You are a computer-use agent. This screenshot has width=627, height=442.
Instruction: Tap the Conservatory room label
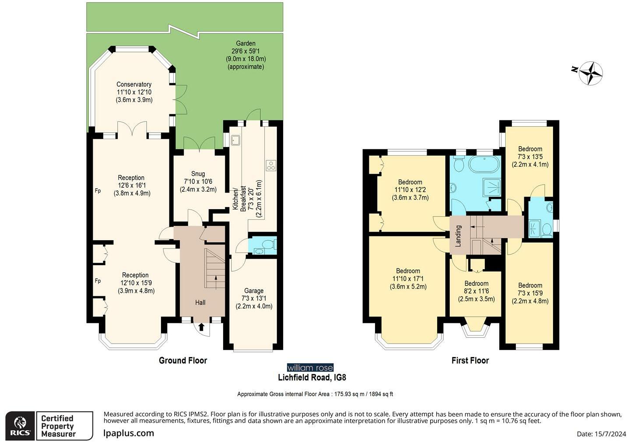pyautogui.click(x=134, y=92)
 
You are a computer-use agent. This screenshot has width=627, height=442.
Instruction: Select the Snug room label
pyautogui.click(x=198, y=181)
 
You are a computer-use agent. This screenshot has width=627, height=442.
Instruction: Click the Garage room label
pyautogui.click(x=254, y=298)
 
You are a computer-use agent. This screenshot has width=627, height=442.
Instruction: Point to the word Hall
pyautogui.click(x=200, y=302)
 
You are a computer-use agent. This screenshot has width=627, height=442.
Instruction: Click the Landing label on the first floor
pyautogui.click(x=458, y=236)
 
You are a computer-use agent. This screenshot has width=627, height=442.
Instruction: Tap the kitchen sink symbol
pyautogui.click(x=235, y=140)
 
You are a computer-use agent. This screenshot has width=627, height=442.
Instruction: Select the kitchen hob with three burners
pyautogui.click(x=271, y=165)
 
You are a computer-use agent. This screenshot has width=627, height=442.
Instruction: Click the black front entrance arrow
pyautogui.click(x=202, y=327)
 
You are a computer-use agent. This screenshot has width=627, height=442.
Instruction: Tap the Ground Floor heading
pyautogui.click(x=183, y=360)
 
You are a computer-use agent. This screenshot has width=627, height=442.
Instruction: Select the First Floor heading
pyautogui.click(x=470, y=360)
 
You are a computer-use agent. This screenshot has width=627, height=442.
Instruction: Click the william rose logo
pyautogui.click(x=310, y=368)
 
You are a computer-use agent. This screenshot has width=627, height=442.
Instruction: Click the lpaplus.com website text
pyautogui.click(x=129, y=433)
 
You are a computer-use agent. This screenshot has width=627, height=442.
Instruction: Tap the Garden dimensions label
pyautogui.click(x=246, y=55)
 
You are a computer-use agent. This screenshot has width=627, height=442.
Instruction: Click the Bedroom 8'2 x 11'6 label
pyautogui.click(x=476, y=291)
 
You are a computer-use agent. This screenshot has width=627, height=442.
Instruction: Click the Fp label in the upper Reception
pyautogui.click(x=98, y=191)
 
